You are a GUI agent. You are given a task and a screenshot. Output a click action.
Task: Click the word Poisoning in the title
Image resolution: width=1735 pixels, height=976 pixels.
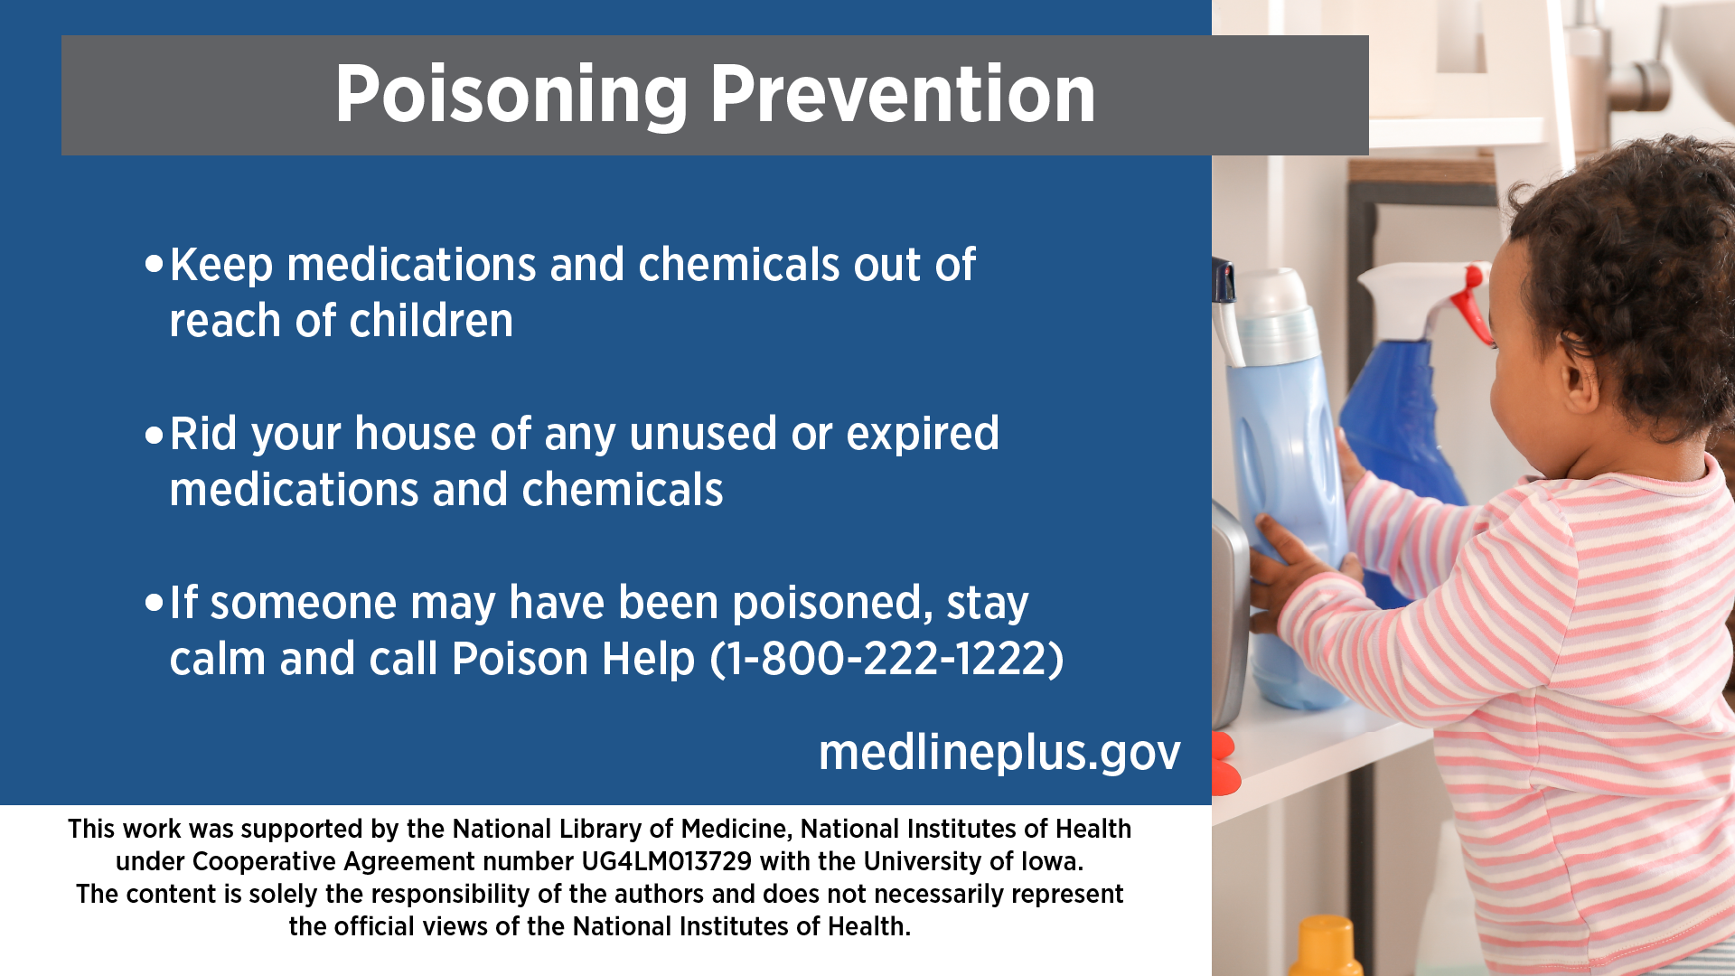511,97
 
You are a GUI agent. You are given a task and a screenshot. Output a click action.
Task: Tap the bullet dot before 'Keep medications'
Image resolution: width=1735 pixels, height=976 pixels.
155,264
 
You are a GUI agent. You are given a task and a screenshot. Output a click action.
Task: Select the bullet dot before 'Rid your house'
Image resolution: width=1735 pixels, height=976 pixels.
155,435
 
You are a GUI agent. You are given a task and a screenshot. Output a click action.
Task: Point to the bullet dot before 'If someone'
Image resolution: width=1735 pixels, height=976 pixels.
155,603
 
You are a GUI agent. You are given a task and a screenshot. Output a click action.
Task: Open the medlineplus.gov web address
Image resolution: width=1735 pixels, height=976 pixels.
999,752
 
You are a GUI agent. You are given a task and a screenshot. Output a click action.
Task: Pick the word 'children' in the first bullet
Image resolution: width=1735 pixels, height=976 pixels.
431,321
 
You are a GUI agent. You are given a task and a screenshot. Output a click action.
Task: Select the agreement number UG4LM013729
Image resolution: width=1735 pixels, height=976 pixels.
666,861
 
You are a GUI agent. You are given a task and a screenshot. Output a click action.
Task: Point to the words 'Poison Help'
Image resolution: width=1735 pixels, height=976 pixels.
573,658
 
